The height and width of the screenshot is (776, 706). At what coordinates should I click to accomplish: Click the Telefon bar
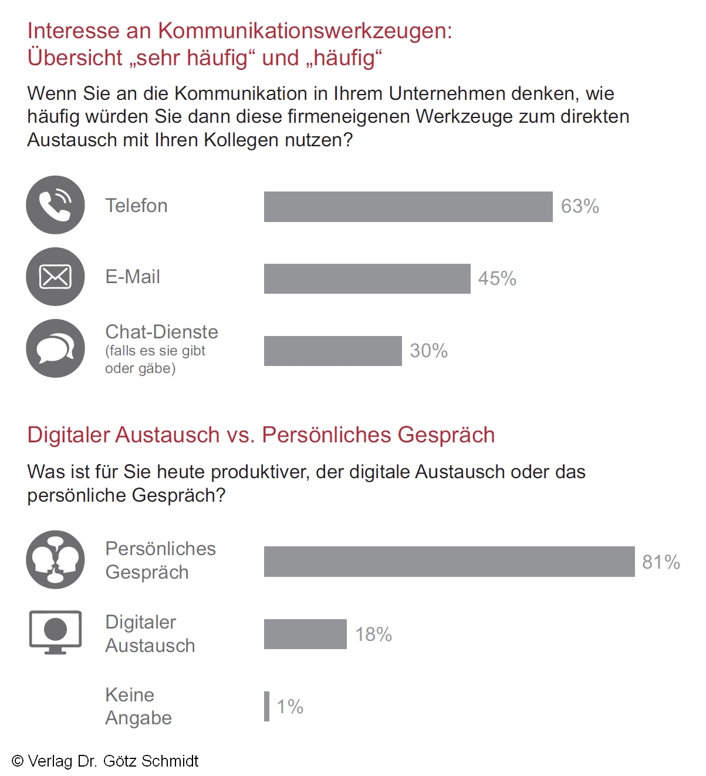[x=408, y=207]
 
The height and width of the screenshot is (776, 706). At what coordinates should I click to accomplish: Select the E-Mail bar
[x=367, y=278]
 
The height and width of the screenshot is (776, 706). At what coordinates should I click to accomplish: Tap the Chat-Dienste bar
[x=333, y=351]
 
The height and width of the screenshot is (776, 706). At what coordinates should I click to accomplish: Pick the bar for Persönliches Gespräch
[x=449, y=562]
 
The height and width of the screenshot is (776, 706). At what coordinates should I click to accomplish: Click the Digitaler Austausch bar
[x=305, y=634]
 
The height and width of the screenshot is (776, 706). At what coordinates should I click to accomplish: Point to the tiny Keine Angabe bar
[x=267, y=706]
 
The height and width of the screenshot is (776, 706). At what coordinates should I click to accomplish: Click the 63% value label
[x=580, y=207]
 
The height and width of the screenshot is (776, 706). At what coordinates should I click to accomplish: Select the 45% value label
[x=497, y=278]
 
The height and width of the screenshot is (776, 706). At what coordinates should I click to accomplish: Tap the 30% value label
[x=428, y=351]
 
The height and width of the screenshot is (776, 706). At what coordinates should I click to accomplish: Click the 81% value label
[x=661, y=562]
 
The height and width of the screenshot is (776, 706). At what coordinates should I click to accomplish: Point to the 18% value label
[x=373, y=634]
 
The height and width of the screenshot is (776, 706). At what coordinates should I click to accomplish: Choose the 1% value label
[x=290, y=707]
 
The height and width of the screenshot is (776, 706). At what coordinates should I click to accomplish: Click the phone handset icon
[x=55, y=205]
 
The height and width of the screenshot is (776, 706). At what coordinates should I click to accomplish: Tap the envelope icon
[x=55, y=277]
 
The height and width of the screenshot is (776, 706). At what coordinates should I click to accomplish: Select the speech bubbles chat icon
[x=55, y=348]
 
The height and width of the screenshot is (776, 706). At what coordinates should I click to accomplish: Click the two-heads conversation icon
[x=55, y=560]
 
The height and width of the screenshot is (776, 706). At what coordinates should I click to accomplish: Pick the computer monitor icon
[x=55, y=632]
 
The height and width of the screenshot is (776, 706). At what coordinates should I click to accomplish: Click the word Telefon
[x=136, y=206]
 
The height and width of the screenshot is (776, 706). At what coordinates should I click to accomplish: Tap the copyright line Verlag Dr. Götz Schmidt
[x=106, y=761]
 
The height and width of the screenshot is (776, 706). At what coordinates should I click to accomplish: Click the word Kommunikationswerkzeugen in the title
[x=305, y=31]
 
